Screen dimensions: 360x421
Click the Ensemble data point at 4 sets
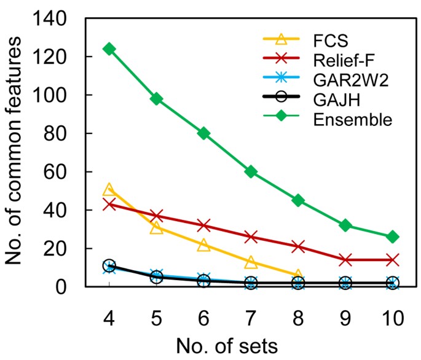109,49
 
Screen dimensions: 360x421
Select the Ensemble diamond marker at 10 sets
393,237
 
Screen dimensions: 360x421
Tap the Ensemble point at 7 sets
251,171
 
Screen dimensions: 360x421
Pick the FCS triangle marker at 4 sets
109,190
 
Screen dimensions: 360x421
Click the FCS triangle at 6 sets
203,245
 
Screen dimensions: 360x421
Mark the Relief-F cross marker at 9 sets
345,260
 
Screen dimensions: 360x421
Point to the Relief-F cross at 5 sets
156,216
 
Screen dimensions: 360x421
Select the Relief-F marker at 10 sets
393,260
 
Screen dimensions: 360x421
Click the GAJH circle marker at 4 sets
109,265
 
